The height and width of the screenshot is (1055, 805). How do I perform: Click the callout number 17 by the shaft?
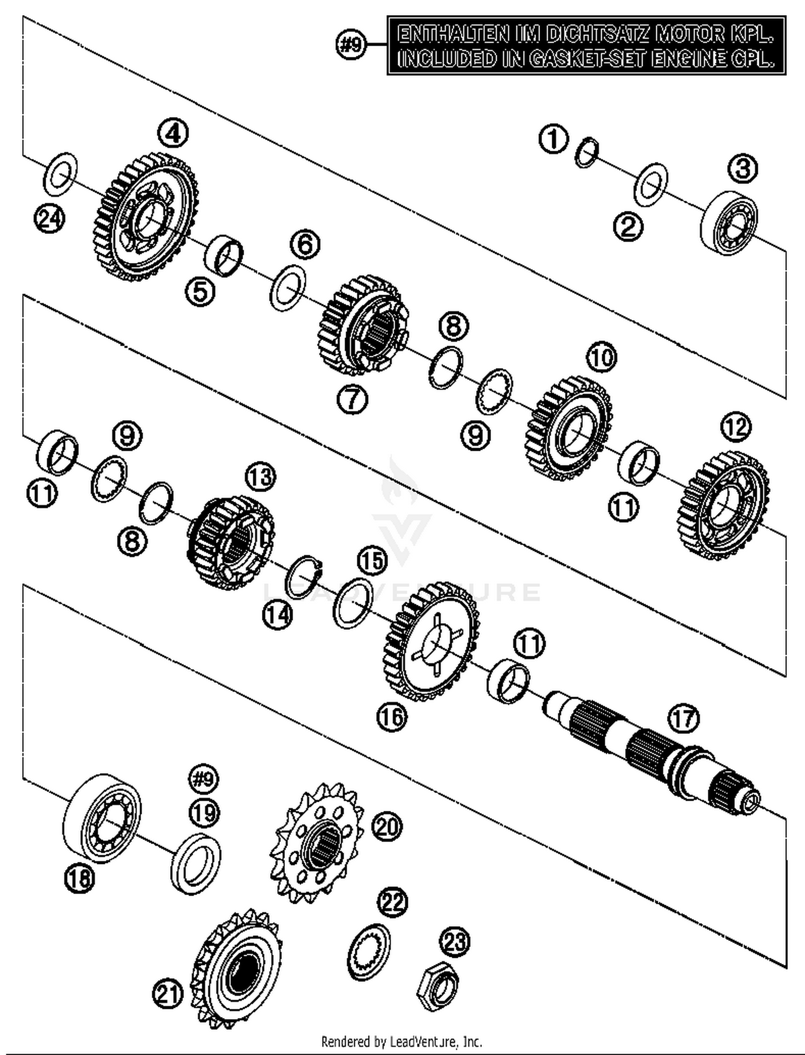click(684, 719)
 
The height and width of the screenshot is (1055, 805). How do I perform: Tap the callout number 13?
click(260, 477)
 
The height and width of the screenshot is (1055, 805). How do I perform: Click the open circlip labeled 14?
click(304, 577)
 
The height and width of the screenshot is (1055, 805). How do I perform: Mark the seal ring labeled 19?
click(196, 864)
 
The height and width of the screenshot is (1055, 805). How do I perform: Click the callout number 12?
click(736, 427)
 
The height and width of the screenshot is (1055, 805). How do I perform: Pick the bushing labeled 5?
click(223, 255)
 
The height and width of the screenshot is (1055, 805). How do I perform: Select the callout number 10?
click(602, 357)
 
